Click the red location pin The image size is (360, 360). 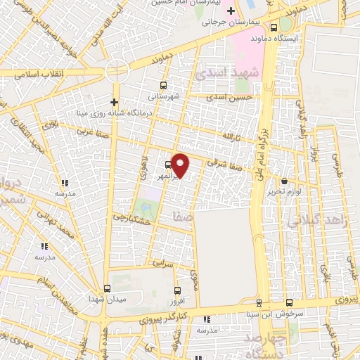pos(181,165)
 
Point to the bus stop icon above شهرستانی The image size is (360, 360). pos(163,84)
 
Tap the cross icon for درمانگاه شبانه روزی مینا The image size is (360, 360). pos(115,101)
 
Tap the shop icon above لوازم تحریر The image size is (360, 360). pos(284,181)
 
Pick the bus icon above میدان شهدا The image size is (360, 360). pos(107,288)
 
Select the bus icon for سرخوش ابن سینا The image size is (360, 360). pos(259,304)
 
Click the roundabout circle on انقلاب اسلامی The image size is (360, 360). pos(117,72)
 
